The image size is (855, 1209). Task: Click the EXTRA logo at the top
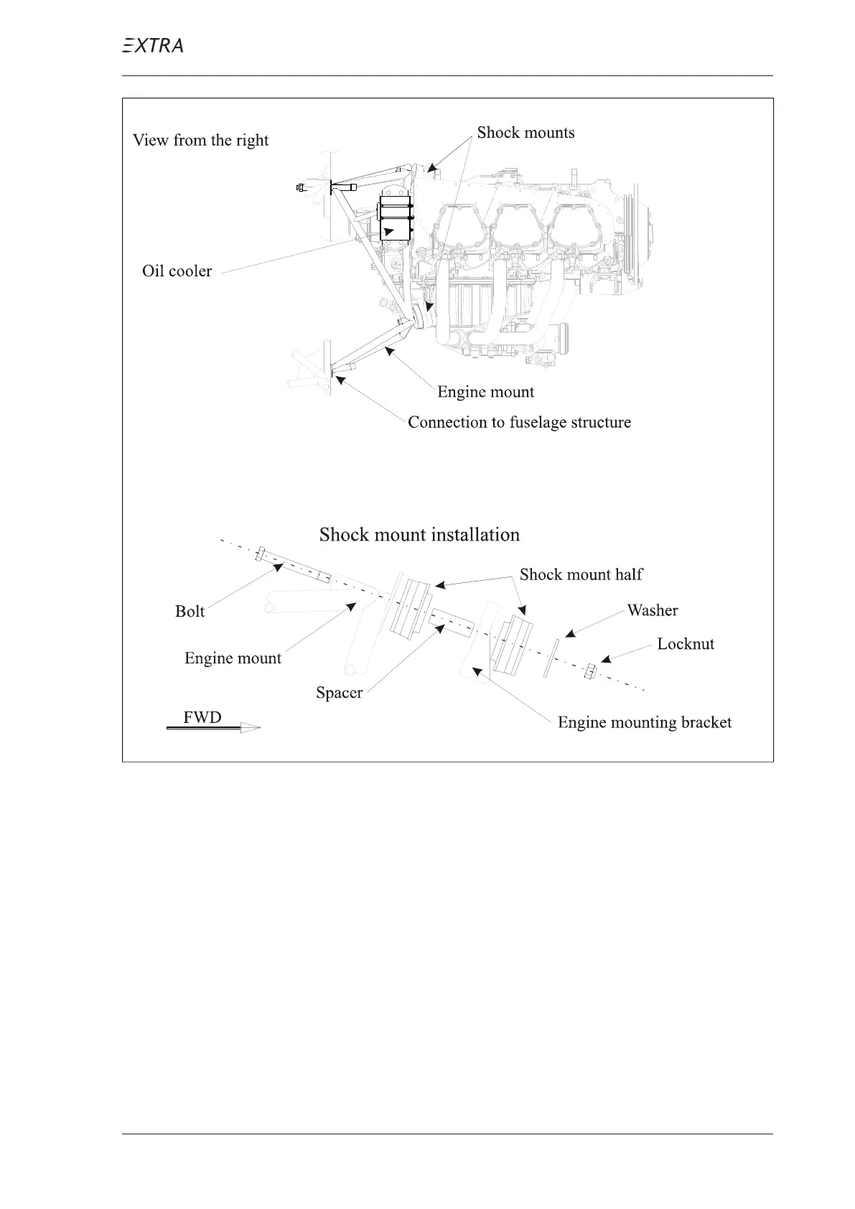[x=152, y=46]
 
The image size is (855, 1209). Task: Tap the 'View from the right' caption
[x=200, y=140]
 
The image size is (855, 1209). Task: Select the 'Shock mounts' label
[x=525, y=133]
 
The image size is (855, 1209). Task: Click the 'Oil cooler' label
[x=177, y=271]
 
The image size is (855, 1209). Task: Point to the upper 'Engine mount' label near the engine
[x=485, y=392]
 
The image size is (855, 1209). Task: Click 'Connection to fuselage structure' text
[x=519, y=422]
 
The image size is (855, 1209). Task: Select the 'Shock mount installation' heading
[x=419, y=535]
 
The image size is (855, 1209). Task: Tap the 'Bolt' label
[x=190, y=612]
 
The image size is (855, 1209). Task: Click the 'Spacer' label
[x=339, y=693]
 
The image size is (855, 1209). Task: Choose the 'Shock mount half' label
[x=581, y=574]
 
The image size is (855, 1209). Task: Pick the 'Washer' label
[x=652, y=611]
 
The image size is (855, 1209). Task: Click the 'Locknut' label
[x=686, y=644]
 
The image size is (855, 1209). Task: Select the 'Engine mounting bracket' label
[x=645, y=723]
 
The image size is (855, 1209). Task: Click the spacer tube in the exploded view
[x=452, y=623]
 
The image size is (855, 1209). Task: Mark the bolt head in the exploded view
[x=261, y=554]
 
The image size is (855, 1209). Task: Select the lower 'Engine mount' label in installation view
[x=233, y=658]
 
